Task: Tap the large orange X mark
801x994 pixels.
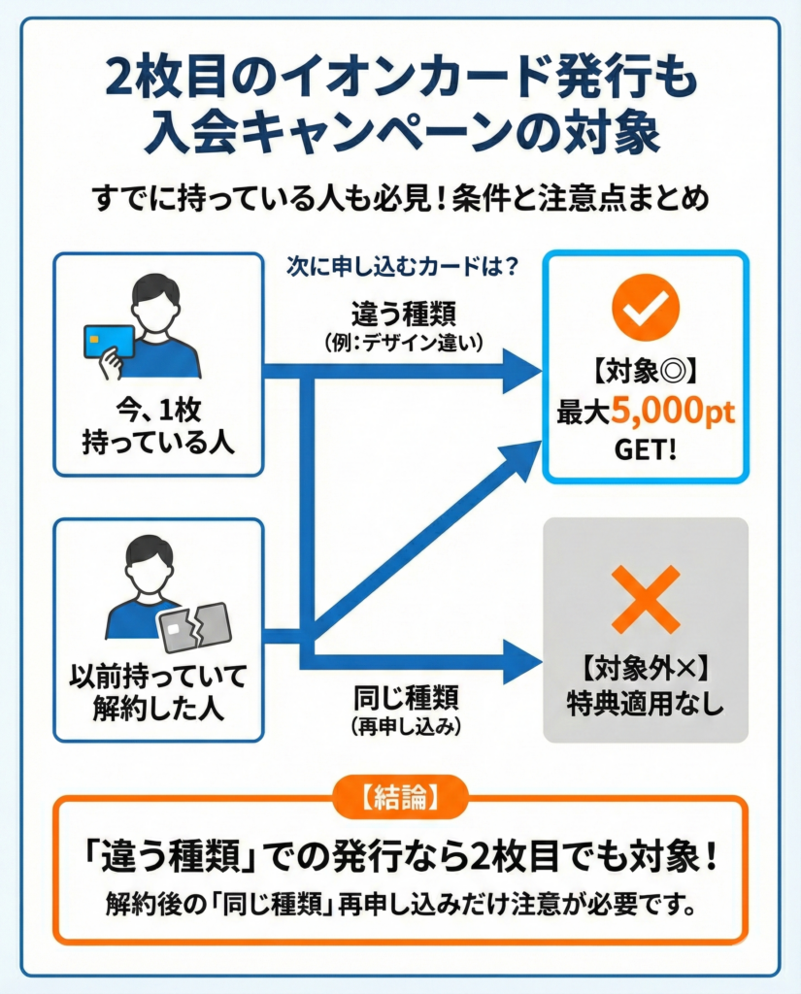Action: point(645,599)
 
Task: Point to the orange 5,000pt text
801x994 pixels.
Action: point(673,412)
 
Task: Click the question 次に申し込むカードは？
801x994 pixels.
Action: point(401,264)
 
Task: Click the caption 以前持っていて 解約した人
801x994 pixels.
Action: point(157,690)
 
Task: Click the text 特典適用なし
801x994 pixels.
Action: point(645,706)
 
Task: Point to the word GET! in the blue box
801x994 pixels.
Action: point(645,451)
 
